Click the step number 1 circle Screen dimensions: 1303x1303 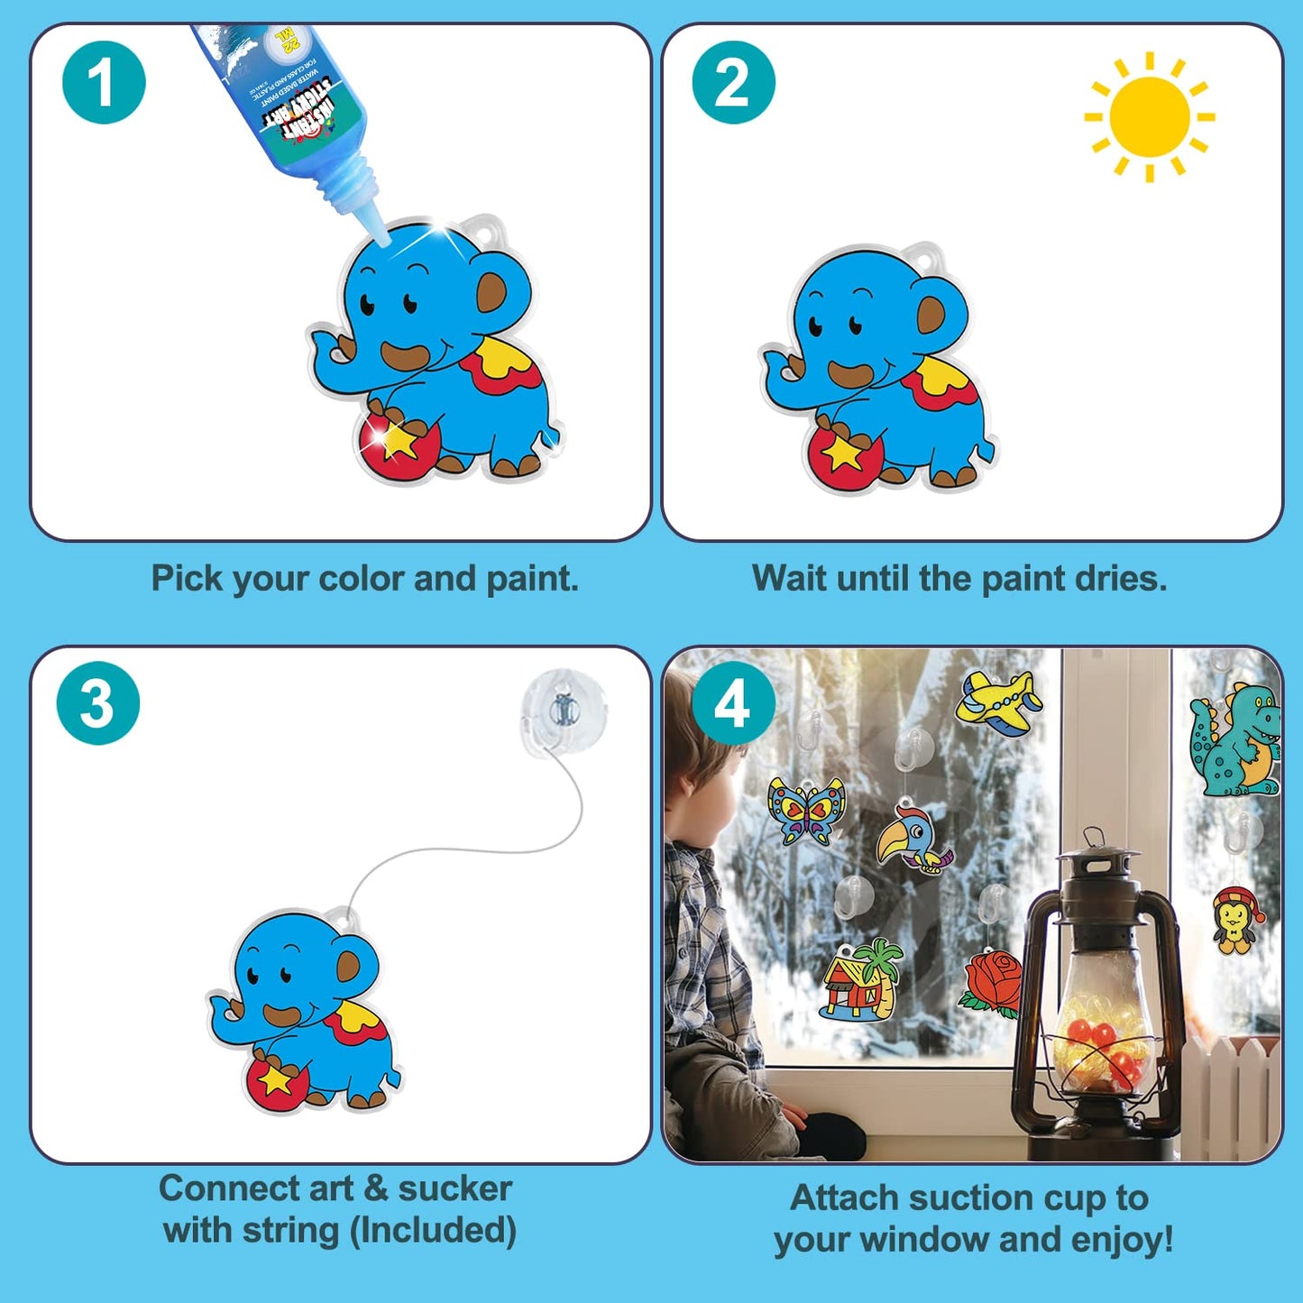104,82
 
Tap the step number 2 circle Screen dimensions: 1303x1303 733,82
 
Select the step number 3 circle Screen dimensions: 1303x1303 98,703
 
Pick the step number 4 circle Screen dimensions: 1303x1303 733,703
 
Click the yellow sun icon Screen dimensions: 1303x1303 1149,117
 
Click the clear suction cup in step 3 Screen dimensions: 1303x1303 564,712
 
